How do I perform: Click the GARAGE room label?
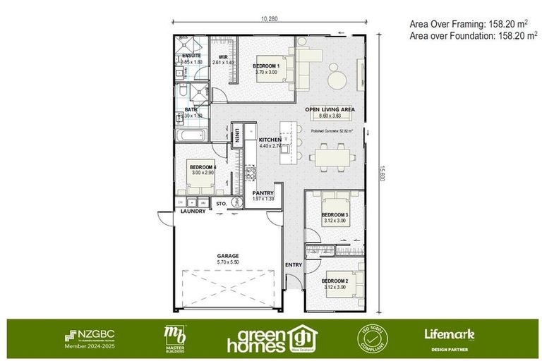227,256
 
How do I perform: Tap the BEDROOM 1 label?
266,66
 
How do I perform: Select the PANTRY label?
263,192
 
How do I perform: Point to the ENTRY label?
293,264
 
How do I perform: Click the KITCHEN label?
270,140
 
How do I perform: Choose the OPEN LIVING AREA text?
330,110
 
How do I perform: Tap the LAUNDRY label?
193,211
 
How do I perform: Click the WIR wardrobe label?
223,56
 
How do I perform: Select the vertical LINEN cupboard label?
239,135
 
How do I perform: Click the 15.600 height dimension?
382,172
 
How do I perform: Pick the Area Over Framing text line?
469,23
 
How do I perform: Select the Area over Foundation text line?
474,35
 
